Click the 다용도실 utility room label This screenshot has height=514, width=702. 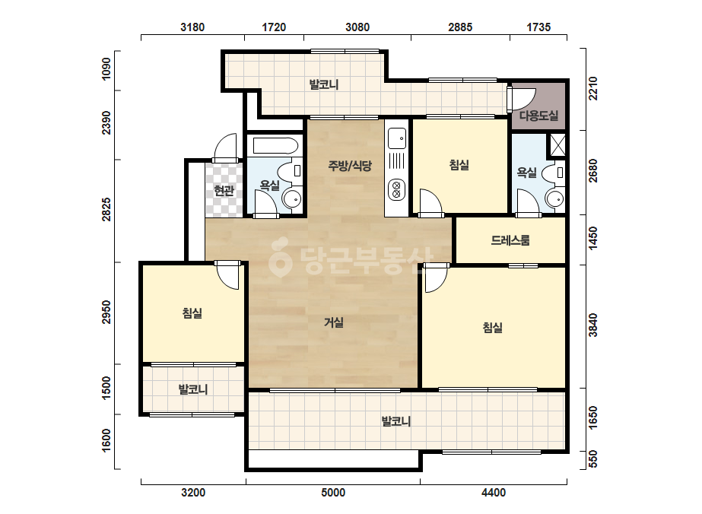click(x=538, y=116)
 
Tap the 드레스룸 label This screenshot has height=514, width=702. click(x=510, y=240)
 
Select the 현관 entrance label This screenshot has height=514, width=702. click(x=224, y=191)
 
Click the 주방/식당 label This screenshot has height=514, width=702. click(x=350, y=166)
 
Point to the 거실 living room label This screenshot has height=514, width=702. click(x=334, y=322)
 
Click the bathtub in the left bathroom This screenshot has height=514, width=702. click(x=275, y=145)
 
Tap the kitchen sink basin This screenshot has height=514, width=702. click(x=397, y=138)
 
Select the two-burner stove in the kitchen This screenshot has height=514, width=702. click(x=397, y=189)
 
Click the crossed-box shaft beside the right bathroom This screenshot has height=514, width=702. click(x=557, y=145)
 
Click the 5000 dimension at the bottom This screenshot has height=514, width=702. click(x=333, y=493)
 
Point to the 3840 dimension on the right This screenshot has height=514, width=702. click(x=592, y=325)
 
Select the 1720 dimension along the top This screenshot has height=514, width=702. click(x=274, y=27)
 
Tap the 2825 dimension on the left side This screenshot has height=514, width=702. click(x=106, y=209)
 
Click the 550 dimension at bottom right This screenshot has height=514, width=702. click(x=592, y=459)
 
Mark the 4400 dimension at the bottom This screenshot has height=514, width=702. click(x=494, y=493)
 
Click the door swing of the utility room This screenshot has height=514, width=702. click(x=523, y=99)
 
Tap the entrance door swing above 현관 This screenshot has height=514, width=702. click(x=226, y=146)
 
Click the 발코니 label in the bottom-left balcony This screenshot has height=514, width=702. click(x=193, y=389)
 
